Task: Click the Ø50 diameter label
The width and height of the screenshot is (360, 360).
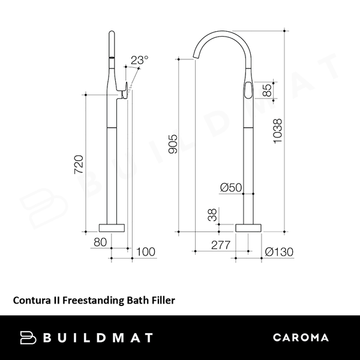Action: point(231,188)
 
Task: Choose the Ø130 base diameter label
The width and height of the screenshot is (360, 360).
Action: point(278,252)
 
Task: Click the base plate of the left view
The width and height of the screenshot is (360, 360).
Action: point(113,228)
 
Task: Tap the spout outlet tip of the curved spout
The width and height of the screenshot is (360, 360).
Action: point(195,59)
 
